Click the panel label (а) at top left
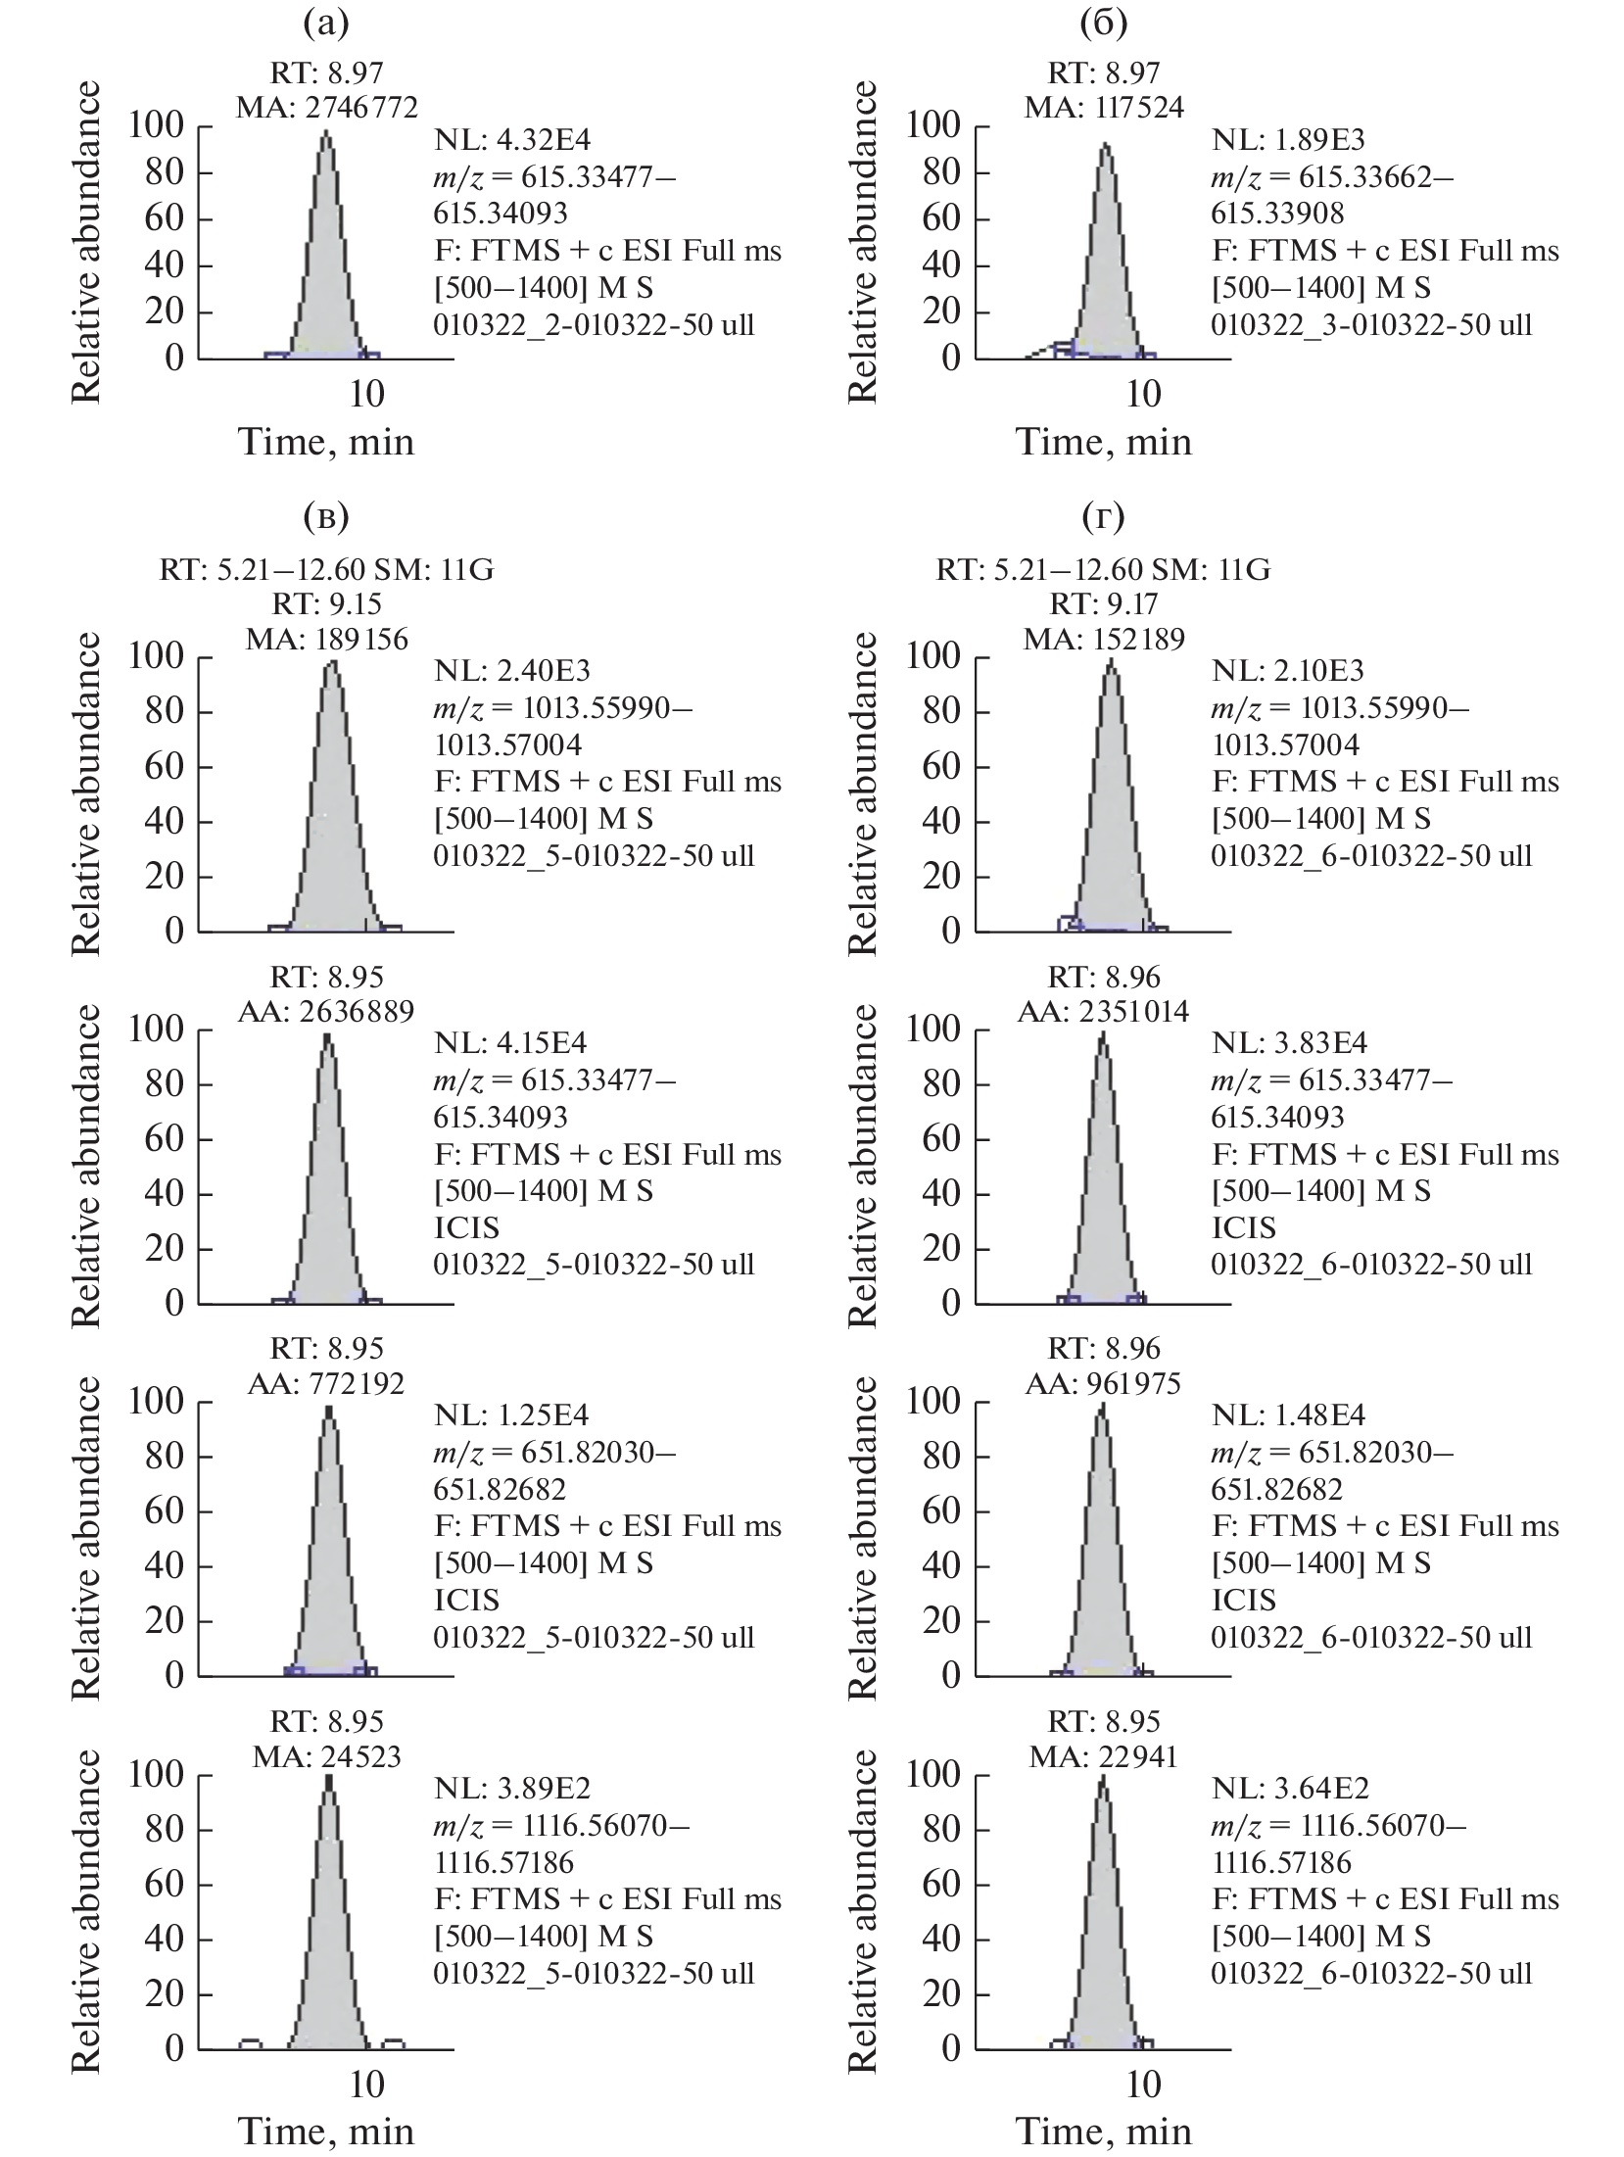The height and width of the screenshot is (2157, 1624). pos(326,24)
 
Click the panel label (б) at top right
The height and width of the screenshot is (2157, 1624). pos(1104,24)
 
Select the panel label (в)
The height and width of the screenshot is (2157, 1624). pos(326,515)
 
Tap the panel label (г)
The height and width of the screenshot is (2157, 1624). pos(1104,515)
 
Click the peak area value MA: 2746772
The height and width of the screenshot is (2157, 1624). pos(326,106)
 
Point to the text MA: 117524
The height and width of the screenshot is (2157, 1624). pos(1104,106)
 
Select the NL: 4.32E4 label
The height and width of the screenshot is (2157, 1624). pos(512,140)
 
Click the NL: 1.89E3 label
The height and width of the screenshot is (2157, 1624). pos(1288,140)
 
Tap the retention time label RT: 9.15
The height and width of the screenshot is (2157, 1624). pos(327,604)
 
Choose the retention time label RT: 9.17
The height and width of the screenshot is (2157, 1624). pos(1104,604)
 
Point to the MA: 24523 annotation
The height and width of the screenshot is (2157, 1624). pos(326,1755)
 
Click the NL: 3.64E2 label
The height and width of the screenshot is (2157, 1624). pos(1290,1788)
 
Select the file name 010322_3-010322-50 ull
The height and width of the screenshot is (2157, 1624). pos(1371,324)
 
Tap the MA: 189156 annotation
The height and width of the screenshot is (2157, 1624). pos(326,639)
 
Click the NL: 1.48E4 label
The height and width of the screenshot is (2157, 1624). pos(1288,1415)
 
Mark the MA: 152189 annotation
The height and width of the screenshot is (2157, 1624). pos(1104,639)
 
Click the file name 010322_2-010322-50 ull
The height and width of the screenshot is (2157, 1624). pos(594,324)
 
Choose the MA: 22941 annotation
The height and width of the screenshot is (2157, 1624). pos(1104,1755)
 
